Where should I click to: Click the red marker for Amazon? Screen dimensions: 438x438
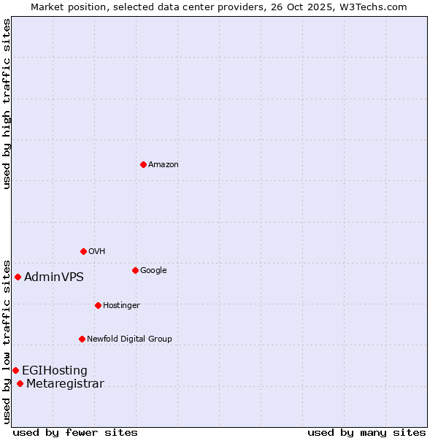click(x=143, y=164)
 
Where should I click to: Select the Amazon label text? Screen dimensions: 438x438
click(x=164, y=165)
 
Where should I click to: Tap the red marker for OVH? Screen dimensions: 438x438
click(x=83, y=251)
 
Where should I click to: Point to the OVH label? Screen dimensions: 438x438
click(x=97, y=252)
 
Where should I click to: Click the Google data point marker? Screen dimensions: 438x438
click(x=135, y=270)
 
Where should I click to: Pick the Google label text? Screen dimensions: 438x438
click(x=153, y=271)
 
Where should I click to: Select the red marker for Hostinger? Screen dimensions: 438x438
click(x=98, y=305)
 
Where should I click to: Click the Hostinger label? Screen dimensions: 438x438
click(x=121, y=305)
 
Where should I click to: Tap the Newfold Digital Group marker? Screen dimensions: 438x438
click(x=82, y=339)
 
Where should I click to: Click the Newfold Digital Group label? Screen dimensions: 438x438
click(x=129, y=339)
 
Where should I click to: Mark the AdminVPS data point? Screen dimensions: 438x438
click(x=18, y=277)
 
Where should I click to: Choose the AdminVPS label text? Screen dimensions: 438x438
click(x=54, y=277)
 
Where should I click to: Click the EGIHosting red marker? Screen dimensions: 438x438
click(x=15, y=370)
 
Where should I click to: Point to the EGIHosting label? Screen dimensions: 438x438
click(x=55, y=371)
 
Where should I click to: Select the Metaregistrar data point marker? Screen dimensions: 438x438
click(x=20, y=384)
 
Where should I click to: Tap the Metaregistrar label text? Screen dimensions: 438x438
click(x=65, y=384)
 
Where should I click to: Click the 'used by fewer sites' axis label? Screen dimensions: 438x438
click(x=75, y=432)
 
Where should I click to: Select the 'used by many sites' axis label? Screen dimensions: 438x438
click(x=366, y=432)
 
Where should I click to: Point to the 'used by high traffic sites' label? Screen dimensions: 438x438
click(x=7, y=104)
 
